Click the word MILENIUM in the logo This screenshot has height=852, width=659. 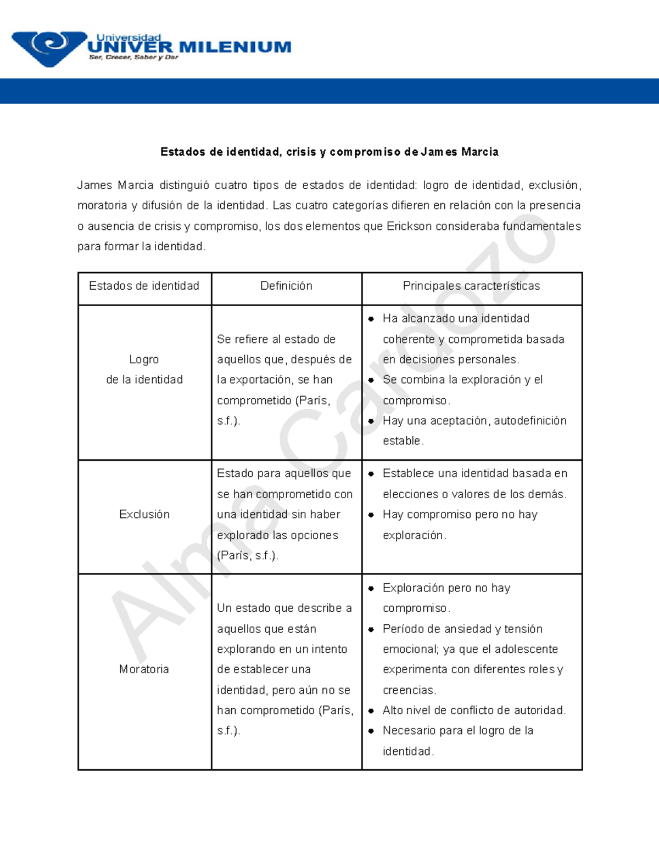(x=235, y=47)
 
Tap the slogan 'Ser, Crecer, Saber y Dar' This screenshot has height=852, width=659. (x=133, y=58)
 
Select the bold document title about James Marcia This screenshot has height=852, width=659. (x=329, y=152)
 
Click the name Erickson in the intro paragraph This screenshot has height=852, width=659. (x=409, y=226)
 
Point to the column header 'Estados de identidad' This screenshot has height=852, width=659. (x=144, y=286)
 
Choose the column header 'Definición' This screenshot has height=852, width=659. (x=286, y=286)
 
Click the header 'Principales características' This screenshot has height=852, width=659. (x=471, y=286)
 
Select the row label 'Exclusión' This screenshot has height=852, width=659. (x=144, y=515)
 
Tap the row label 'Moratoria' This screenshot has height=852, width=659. (x=144, y=669)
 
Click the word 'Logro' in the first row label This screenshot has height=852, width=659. (x=144, y=359)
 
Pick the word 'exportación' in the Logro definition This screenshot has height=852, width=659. (x=260, y=380)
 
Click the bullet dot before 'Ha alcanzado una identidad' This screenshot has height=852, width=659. (x=371, y=319)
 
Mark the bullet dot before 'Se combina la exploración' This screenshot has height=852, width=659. (x=371, y=380)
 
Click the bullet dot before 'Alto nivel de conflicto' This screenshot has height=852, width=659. (x=371, y=711)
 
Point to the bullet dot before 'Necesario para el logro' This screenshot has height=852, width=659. (x=371, y=731)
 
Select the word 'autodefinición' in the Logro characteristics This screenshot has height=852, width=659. (x=530, y=421)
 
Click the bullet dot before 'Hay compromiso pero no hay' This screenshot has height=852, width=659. (x=371, y=515)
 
